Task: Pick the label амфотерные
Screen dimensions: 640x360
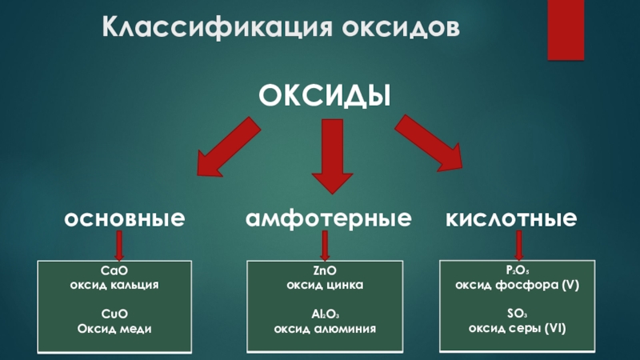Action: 329,218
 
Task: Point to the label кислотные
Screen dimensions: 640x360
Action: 511,218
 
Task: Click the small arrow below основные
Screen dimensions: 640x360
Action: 119,245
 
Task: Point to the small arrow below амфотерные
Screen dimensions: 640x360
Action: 325,245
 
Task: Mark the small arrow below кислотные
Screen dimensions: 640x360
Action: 518,245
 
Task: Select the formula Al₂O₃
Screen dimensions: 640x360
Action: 325,314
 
